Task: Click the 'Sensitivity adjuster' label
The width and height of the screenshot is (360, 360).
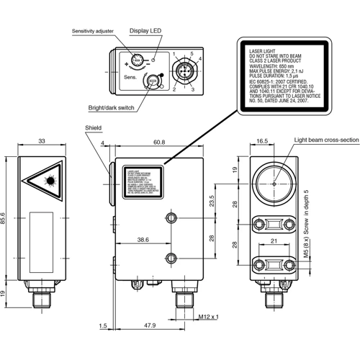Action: [x=99, y=32]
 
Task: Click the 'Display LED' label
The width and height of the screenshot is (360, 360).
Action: [x=145, y=31]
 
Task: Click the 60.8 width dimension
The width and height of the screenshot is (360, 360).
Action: [x=159, y=143]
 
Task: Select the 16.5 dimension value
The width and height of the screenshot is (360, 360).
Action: [x=262, y=143]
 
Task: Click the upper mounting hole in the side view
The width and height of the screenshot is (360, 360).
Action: [x=171, y=219]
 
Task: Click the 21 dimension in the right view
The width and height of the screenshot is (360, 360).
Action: [x=274, y=241]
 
